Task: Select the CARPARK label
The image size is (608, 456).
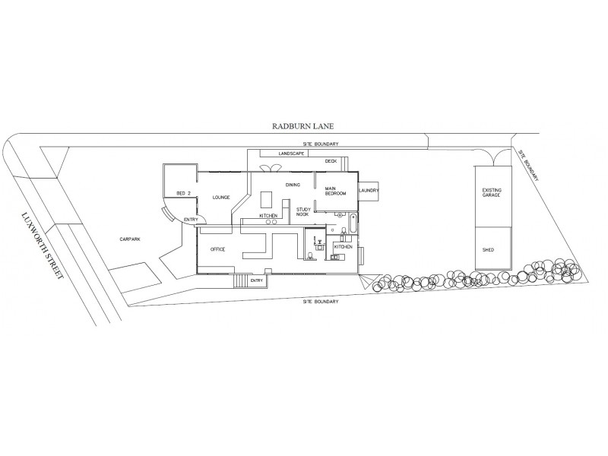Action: (x=130, y=239)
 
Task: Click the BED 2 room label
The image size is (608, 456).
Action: (x=183, y=193)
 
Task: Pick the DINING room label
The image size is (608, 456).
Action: (x=293, y=185)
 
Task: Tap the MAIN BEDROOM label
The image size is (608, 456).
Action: (x=335, y=191)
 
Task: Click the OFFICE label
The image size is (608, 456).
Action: (x=218, y=249)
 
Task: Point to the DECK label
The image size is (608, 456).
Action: (x=331, y=161)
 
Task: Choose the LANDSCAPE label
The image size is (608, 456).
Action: (x=291, y=154)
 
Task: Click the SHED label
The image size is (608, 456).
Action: (x=488, y=249)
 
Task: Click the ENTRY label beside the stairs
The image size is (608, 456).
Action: (x=257, y=280)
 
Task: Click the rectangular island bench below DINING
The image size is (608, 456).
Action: (x=267, y=199)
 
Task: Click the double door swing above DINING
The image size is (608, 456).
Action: (x=268, y=169)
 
